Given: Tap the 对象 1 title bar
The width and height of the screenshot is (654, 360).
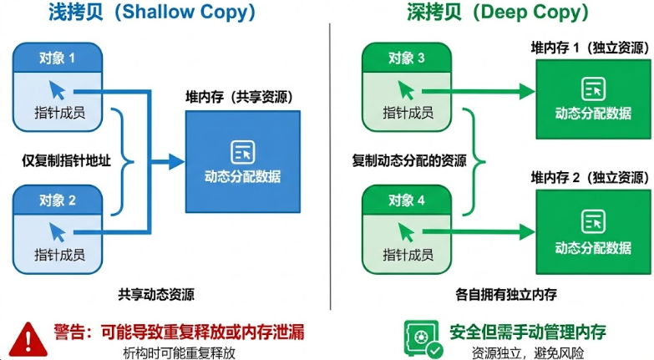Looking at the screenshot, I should point(58,58).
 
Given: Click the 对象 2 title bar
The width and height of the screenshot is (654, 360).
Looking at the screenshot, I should point(58,200).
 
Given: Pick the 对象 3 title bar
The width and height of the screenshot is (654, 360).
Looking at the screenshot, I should point(406,58).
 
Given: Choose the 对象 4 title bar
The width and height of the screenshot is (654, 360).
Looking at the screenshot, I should point(406,200).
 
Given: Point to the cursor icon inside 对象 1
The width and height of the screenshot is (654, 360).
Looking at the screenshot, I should point(58,89).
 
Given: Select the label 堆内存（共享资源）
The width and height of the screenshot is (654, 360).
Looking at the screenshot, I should point(241,96).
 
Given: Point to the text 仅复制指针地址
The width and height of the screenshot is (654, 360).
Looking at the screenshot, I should point(66,160).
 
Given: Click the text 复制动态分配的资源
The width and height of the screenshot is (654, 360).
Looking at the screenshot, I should point(409,160).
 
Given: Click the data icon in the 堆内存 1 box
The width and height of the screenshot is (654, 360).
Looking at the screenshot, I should point(594,88).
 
